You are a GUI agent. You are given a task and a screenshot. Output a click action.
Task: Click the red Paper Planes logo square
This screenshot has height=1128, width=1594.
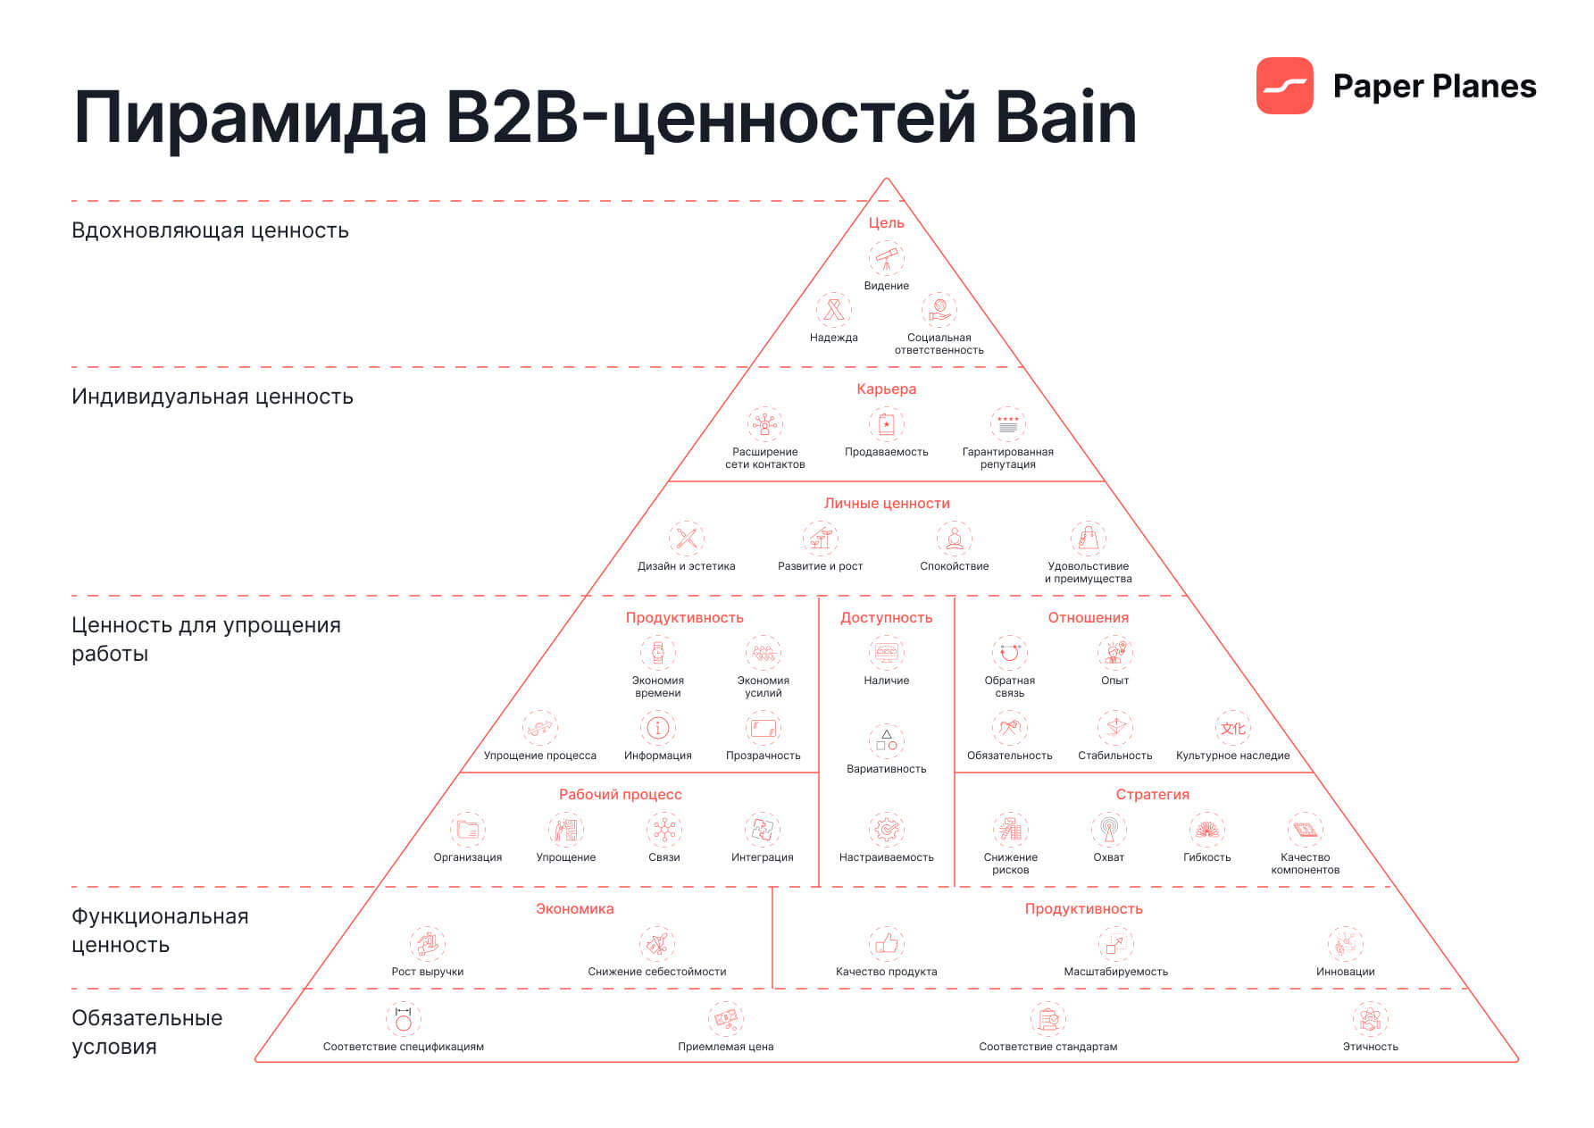[x=1284, y=86]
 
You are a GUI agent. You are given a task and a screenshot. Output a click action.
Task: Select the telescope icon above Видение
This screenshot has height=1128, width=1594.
[x=886, y=259]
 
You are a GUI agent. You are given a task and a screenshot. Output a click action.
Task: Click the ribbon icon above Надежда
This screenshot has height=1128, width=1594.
[x=833, y=310]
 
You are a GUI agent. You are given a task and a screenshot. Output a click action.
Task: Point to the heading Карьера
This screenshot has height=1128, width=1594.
[x=886, y=389]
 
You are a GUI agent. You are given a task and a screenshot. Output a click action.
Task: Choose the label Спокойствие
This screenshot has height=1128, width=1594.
[x=954, y=566]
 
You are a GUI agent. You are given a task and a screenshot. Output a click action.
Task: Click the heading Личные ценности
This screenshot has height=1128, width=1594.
[x=886, y=503]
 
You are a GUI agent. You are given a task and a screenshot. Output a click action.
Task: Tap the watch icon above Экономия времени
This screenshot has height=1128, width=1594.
[x=657, y=653]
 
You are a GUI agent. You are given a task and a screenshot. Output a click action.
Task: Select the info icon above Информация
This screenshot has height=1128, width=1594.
[x=657, y=728]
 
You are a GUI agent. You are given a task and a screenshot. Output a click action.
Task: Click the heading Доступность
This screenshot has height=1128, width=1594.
[x=886, y=617]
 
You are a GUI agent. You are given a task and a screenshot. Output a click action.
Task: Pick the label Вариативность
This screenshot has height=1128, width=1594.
[x=886, y=769]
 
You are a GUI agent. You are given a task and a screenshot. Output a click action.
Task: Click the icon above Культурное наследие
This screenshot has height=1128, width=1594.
[x=1232, y=728]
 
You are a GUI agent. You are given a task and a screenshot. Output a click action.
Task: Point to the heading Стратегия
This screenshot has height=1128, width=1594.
[x=1152, y=794]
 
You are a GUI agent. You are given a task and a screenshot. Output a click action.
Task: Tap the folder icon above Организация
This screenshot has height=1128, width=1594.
[x=467, y=830]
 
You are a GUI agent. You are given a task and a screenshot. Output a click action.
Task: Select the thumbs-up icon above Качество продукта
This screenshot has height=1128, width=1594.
[x=886, y=944]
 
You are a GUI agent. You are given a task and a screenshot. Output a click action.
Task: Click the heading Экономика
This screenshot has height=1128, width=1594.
[x=574, y=908]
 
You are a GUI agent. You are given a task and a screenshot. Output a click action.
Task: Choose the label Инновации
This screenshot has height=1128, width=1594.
[x=1345, y=972]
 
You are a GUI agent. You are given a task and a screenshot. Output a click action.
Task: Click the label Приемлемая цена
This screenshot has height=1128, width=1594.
[x=725, y=1047]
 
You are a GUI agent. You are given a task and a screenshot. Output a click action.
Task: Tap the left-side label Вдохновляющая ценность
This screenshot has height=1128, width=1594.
[x=210, y=230]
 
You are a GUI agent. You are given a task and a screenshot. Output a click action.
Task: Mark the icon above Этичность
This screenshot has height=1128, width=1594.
[x=1370, y=1019]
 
